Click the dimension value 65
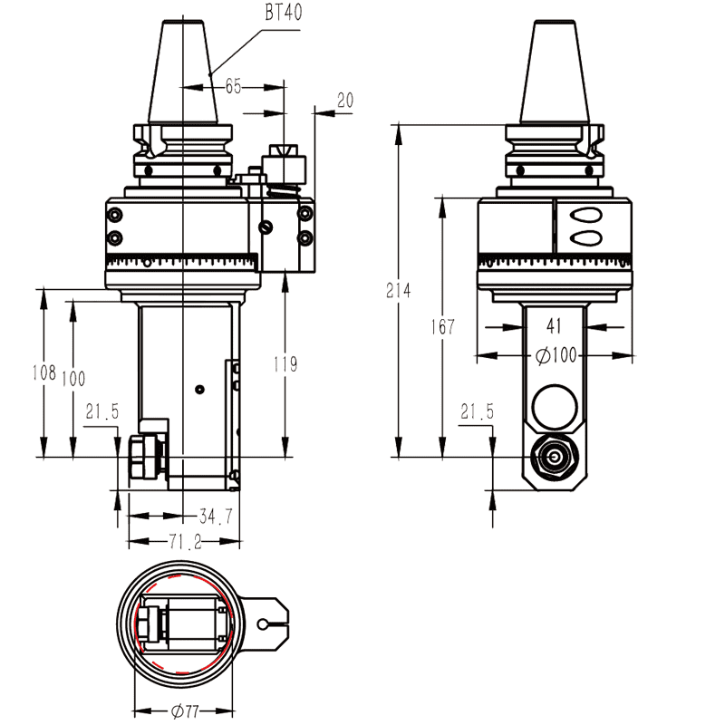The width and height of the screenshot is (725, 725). tap(234, 87)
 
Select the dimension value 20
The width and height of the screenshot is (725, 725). tap(344, 100)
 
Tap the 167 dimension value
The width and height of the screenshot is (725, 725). tap(442, 327)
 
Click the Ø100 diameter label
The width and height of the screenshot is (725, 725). tap(556, 356)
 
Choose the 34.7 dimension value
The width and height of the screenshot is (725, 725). tap(216, 517)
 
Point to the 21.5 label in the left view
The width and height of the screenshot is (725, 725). tap(102, 412)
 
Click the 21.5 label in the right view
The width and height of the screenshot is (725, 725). tap(477, 412)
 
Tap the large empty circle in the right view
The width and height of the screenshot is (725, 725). tap(554, 406)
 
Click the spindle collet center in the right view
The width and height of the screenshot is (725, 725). tap(553, 458)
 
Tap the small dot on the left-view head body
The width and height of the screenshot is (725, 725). tap(199, 390)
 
